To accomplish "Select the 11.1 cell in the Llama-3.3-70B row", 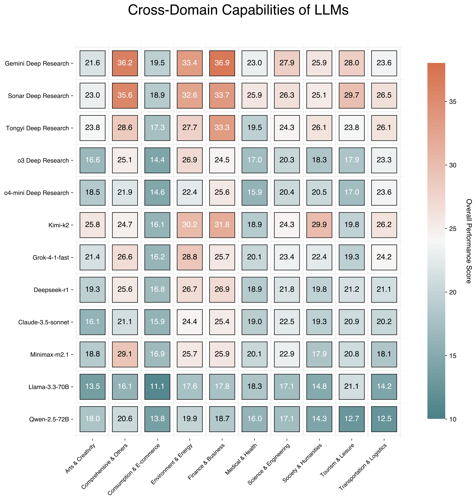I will point(157,386).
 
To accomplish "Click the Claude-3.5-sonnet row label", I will point(44,322).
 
